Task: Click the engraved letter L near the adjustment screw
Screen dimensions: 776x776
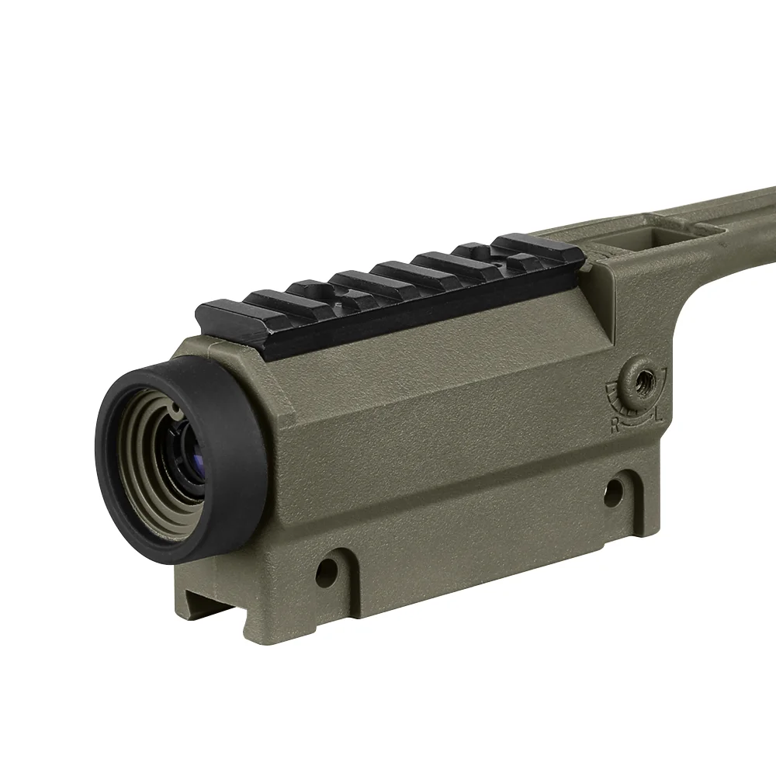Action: tap(659, 414)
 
